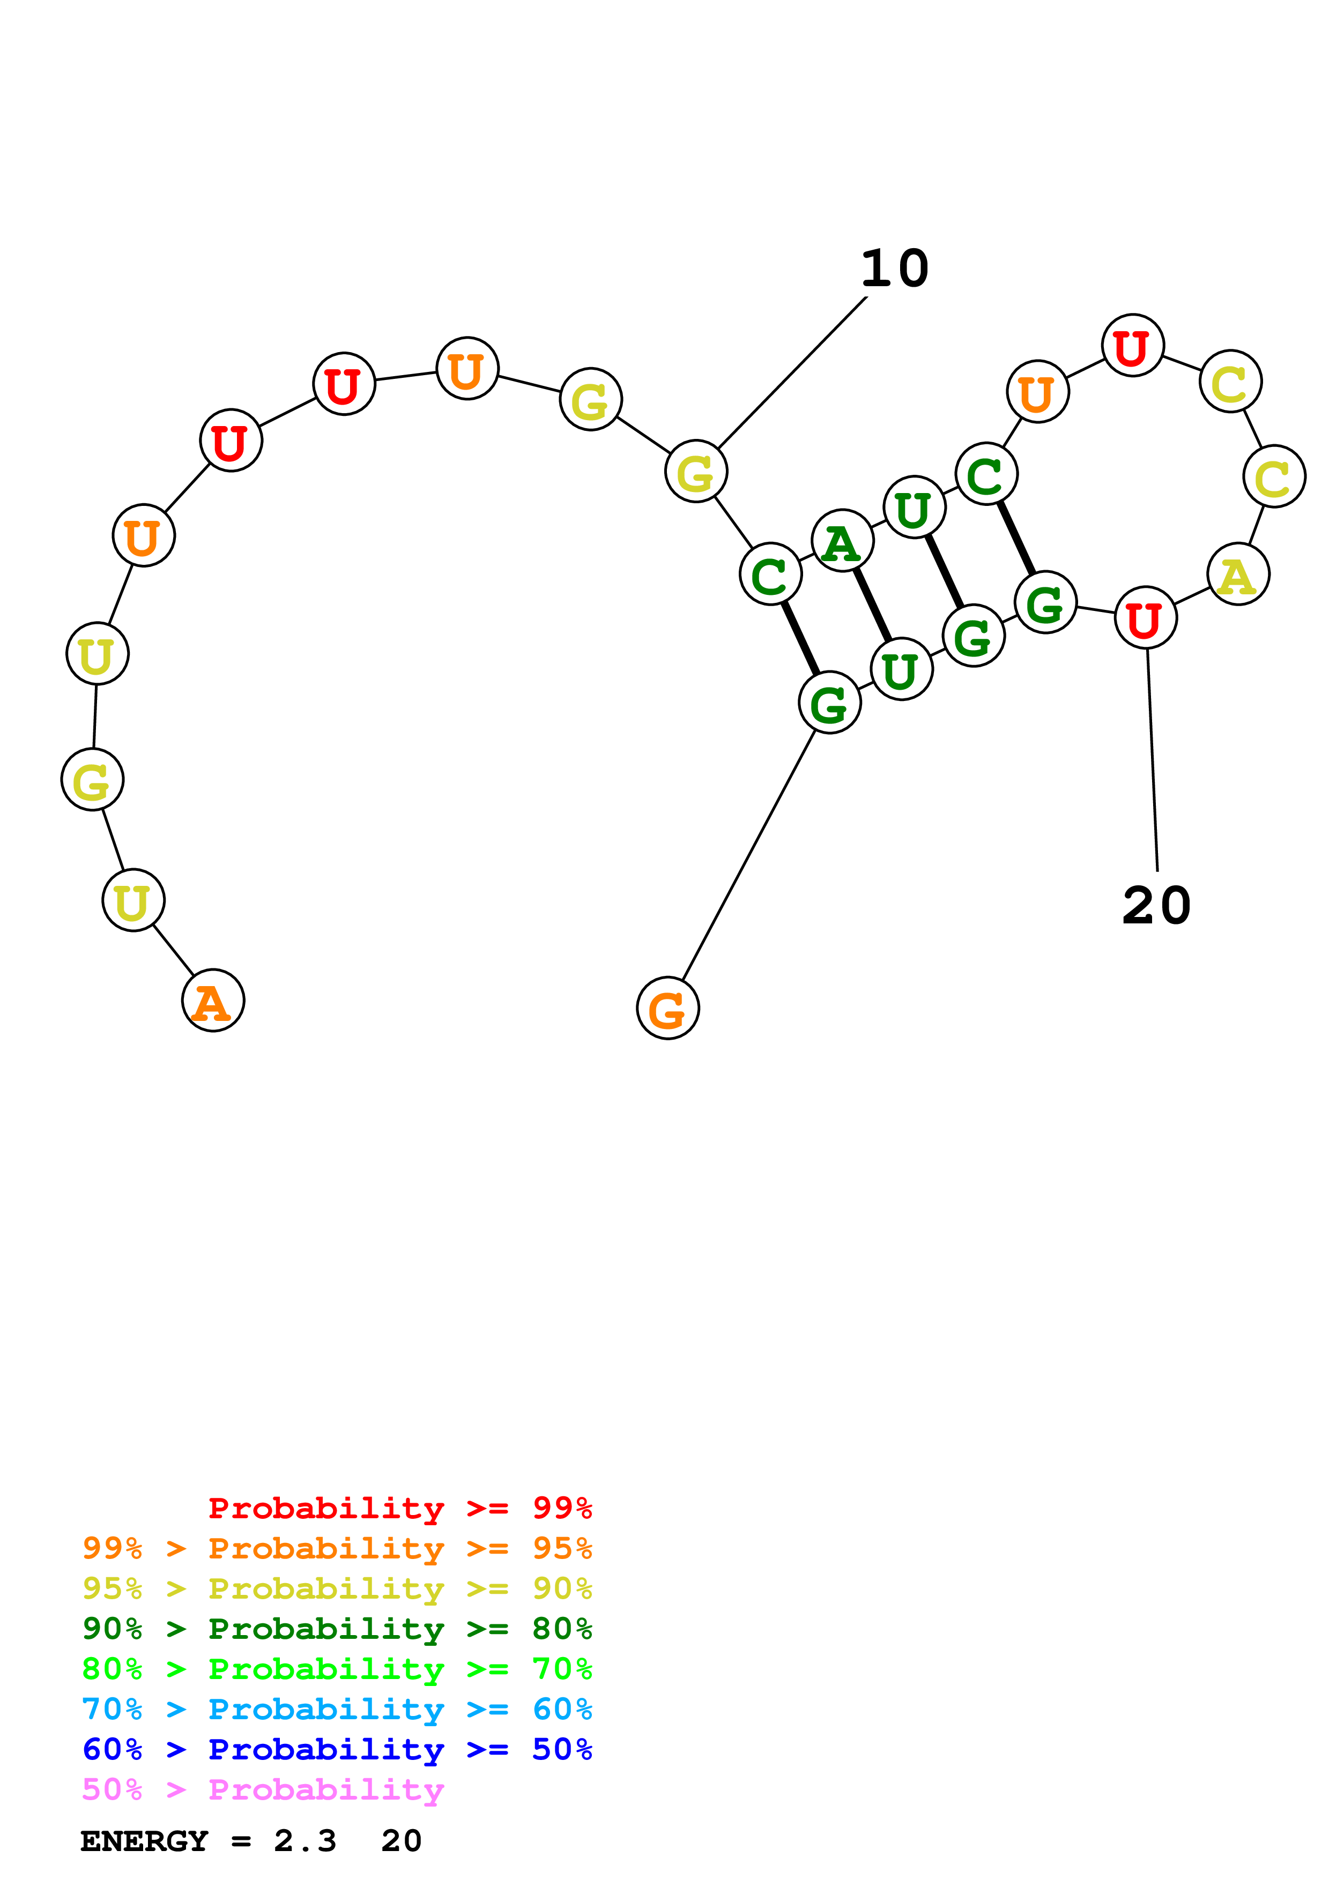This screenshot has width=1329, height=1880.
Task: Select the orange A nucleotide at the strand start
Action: (213, 1001)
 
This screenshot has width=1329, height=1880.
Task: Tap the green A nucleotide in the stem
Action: (842, 541)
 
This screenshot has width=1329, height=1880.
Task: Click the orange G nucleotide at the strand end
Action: (667, 1008)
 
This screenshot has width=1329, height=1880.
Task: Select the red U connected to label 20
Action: (1145, 618)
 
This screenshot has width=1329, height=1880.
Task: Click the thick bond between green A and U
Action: (872, 605)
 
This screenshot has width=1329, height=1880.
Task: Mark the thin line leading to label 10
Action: (792, 372)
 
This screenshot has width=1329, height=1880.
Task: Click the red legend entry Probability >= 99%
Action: (399, 1508)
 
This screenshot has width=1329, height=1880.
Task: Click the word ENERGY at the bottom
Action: (144, 1841)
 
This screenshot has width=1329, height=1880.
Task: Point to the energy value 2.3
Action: (305, 1841)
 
